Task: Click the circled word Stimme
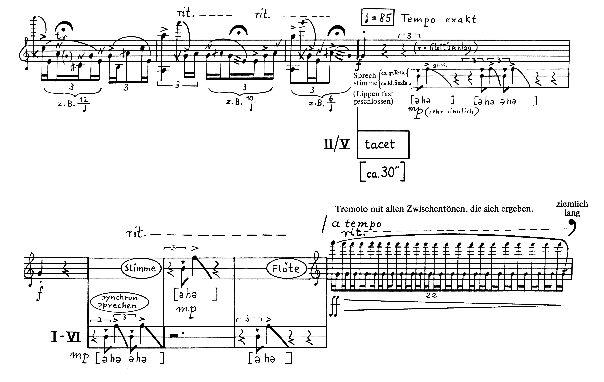click(140, 268)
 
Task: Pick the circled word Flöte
click(286, 268)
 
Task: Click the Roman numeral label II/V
click(336, 145)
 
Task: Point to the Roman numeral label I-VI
click(66, 337)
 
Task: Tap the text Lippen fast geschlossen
click(373, 98)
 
